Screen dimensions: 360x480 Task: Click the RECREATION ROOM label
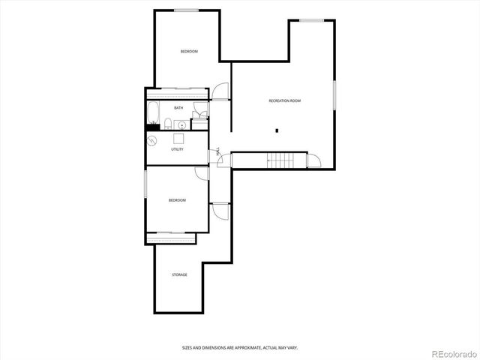coord(284,100)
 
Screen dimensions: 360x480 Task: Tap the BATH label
coord(178,108)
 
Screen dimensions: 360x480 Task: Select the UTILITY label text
coord(177,149)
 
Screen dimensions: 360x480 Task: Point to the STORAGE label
coord(179,274)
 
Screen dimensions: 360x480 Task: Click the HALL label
coord(218,151)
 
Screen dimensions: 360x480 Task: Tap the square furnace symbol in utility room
coord(179,138)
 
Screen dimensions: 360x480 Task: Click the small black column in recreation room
coord(277,130)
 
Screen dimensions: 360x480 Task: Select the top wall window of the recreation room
coord(312,20)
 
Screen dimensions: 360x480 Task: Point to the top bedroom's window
coord(187,10)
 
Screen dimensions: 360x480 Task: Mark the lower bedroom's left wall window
coord(145,184)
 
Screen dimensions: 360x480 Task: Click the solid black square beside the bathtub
coord(152,128)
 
